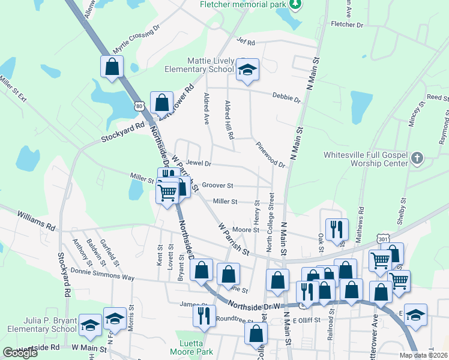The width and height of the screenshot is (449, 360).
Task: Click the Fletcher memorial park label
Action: (243, 5)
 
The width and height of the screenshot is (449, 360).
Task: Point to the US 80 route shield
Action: (140, 106)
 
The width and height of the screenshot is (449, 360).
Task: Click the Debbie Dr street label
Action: (286, 97)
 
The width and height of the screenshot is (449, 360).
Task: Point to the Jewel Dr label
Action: (199, 163)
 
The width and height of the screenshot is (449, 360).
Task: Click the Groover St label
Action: (217, 186)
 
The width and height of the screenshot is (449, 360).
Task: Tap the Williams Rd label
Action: (36, 220)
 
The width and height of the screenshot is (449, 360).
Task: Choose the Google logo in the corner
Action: (20, 353)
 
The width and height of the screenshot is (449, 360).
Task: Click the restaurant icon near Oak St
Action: (337, 228)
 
